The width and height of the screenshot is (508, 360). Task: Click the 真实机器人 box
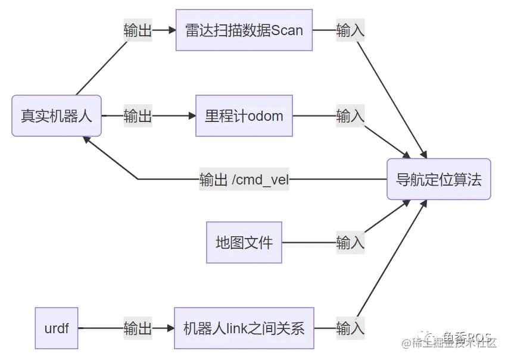[x=57, y=115]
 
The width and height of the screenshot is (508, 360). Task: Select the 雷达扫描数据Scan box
[x=244, y=30]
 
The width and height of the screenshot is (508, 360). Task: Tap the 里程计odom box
[x=244, y=115]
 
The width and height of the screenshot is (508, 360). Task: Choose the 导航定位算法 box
[x=439, y=179]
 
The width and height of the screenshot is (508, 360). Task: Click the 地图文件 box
[x=244, y=242]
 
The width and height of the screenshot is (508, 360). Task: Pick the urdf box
[x=57, y=328]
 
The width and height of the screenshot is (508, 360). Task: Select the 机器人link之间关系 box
[x=244, y=328]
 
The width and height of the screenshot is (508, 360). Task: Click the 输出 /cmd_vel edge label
[x=244, y=179]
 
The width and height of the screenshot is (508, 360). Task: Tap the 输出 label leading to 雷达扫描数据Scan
[x=138, y=30]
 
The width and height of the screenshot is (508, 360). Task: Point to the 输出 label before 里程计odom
[x=138, y=115]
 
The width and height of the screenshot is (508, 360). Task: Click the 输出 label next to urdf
[x=138, y=328]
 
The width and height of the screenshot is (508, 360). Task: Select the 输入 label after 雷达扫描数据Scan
[x=350, y=30]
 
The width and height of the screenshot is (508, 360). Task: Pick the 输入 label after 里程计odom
[x=350, y=115]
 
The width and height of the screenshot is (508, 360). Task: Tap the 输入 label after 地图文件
[x=350, y=242]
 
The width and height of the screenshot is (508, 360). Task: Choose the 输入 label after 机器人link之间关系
[x=350, y=328]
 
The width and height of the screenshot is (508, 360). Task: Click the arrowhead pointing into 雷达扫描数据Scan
[x=172, y=30]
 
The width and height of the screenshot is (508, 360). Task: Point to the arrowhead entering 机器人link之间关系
[x=170, y=328]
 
